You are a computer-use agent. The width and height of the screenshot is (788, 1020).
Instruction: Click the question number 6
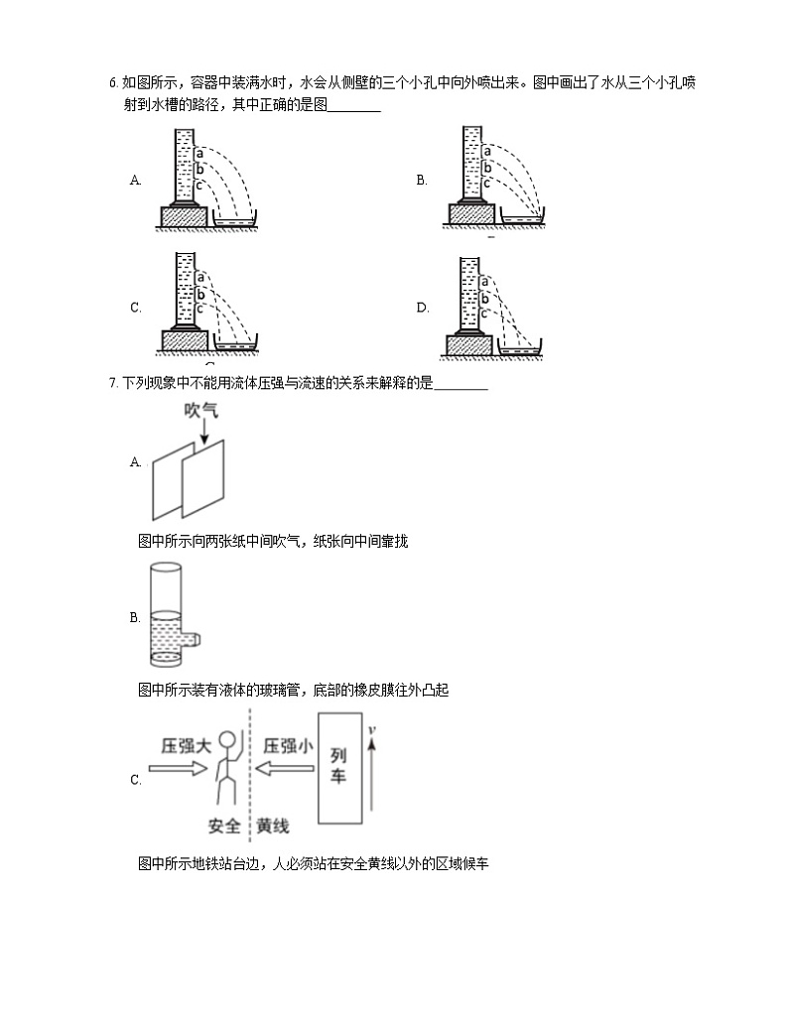[x=113, y=83]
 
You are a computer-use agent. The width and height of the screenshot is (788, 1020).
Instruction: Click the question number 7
[x=113, y=383]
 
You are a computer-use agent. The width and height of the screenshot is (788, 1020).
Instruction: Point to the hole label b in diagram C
[x=199, y=294]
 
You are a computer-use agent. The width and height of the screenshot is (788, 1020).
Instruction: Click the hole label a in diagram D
[x=483, y=282]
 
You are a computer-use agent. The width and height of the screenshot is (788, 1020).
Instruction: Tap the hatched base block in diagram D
[x=468, y=346]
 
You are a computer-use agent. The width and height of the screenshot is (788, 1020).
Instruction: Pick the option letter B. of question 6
[x=422, y=180]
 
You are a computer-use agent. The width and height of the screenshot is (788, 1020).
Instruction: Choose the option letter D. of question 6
[x=422, y=308]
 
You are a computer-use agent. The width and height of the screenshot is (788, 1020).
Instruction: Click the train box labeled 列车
[x=338, y=767]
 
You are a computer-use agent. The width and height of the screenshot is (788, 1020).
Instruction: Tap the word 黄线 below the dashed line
[x=273, y=826]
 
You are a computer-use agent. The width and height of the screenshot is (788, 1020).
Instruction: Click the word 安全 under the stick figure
[x=225, y=826]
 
